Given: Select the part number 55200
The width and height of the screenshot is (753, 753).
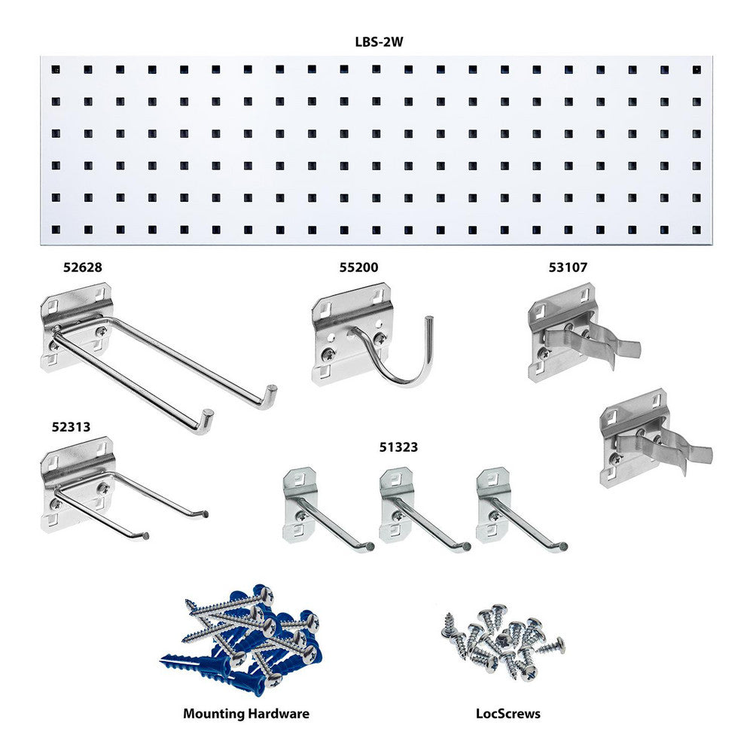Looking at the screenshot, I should [358, 267].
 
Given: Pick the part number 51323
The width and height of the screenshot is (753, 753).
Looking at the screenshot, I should [398, 447].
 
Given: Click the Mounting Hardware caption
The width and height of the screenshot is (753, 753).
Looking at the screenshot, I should [245, 713].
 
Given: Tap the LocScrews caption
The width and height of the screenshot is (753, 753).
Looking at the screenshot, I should [508, 713].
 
